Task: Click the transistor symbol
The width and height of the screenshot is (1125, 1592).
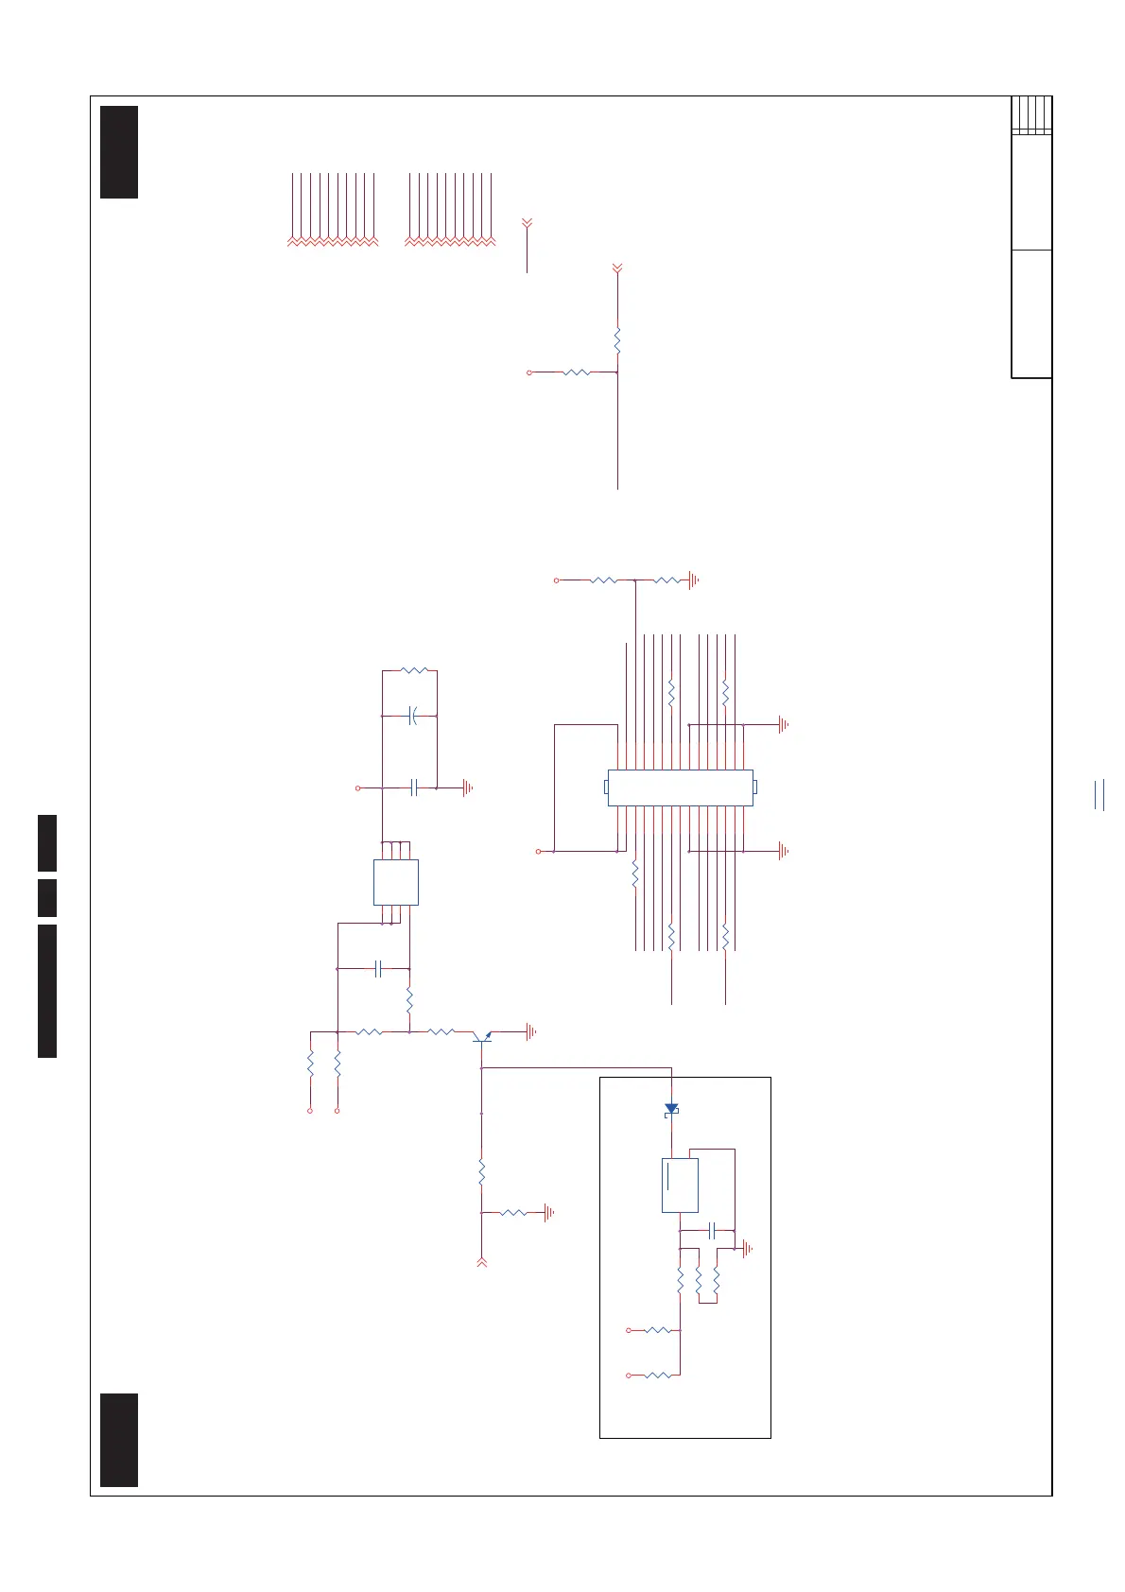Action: [x=483, y=1037]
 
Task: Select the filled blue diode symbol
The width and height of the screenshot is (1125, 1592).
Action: [x=671, y=1108]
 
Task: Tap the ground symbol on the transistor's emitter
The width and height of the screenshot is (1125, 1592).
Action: [x=531, y=1031]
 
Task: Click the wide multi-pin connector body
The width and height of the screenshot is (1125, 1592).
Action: [x=680, y=787]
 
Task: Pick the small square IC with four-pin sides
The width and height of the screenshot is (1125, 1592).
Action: [x=396, y=882]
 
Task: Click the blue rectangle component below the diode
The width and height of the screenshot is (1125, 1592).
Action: [x=680, y=1185]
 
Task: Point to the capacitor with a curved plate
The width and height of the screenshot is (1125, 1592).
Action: [x=412, y=716]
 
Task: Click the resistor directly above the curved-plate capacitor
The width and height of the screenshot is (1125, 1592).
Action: [x=414, y=670]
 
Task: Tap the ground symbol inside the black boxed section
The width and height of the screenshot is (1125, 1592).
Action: [x=748, y=1249]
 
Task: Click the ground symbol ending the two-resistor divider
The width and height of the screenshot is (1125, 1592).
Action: [x=694, y=580]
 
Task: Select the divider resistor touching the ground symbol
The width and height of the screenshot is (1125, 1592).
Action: [x=666, y=580]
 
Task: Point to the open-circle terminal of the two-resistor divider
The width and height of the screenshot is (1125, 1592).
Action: [x=557, y=580]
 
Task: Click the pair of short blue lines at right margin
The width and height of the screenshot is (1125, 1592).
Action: [x=1099, y=795]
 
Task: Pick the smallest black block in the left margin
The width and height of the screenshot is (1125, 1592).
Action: [x=47, y=897]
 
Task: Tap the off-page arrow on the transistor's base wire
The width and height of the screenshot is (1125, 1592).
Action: [x=482, y=1261]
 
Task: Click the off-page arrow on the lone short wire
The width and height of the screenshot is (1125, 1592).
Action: [x=528, y=223]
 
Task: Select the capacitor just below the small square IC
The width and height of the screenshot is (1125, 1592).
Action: [x=377, y=968]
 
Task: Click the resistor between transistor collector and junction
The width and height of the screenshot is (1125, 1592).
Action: [x=441, y=1031]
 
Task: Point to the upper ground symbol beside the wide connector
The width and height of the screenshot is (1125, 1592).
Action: [x=783, y=725]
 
